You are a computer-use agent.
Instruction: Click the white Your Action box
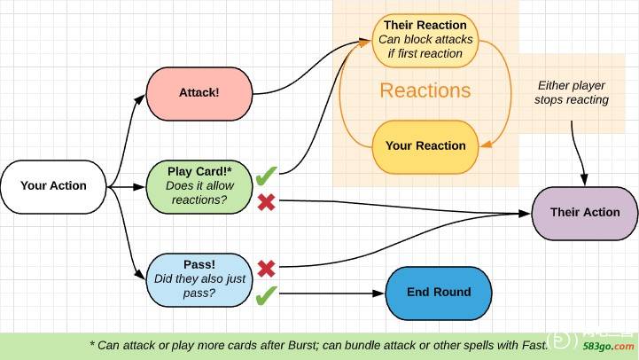(53, 187)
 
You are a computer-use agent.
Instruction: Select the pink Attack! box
(199, 94)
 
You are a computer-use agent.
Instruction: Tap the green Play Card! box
(199, 187)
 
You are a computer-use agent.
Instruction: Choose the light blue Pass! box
(199, 280)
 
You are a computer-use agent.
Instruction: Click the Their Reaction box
(425, 41)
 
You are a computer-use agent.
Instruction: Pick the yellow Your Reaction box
(425, 147)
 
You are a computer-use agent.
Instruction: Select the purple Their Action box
(585, 213)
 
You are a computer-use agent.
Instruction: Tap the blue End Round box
(439, 293)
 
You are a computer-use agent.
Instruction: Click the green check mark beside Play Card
(267, 176)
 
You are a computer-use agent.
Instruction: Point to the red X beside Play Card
(267, 202)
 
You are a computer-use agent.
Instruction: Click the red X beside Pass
(267, 269)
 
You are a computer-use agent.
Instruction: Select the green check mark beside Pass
(267, 295)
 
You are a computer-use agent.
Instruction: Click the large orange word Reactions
(425, 90)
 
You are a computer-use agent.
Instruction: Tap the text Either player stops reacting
(572, 92)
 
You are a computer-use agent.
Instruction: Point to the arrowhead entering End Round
(379, 293)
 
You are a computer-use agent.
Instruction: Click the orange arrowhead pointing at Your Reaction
(486, 144)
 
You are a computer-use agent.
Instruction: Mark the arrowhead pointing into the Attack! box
(140, 98)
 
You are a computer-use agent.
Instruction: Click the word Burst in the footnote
(302, 345)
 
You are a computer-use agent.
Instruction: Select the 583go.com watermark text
(608, 347)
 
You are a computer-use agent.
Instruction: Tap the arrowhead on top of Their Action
(584, 180)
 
